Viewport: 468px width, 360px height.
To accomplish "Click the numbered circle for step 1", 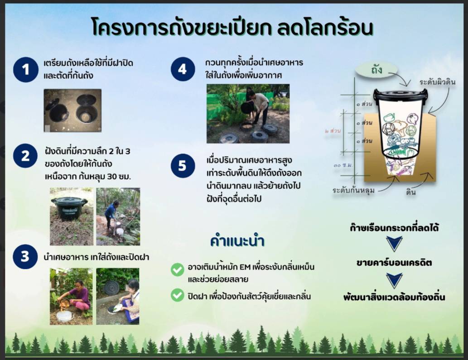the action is (x=26, y=69).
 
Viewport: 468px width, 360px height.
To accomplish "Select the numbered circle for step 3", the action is (x=25, y=257).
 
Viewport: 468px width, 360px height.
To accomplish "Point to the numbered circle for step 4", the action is (x=183, y=69).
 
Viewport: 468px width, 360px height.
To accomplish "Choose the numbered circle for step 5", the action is (x=183, y=166).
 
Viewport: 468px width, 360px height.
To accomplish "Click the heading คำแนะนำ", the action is (x=237, y=241).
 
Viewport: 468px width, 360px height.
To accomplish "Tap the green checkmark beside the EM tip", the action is (x=177, y=269).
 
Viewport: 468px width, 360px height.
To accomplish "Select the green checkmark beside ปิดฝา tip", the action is (x=177, y=295).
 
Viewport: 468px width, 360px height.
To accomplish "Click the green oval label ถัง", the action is (x=376, y=70).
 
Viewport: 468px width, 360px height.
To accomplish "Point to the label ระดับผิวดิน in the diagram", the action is (x=437, y=82).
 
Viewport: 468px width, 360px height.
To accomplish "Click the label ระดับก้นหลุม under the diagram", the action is (x=353, y=190).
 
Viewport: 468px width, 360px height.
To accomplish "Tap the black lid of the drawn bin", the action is (x=400, y=95).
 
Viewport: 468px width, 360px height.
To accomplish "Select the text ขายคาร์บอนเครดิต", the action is (x=394, y=263).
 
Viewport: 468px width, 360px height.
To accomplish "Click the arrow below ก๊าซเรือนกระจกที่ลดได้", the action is (x=394, y=243).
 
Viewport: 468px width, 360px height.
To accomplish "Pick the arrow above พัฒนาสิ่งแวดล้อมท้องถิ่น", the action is (x=394, y=280).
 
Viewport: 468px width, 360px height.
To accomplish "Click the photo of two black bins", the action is (x=72, y=110).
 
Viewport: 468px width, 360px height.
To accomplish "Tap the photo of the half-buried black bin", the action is (x=71, y=216).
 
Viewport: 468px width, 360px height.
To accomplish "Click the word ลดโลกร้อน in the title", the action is (x=325, y=28).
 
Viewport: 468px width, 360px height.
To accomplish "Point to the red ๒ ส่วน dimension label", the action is (x=333, y=131).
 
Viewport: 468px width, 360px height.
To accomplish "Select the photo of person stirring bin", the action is (x=248, y=114).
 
